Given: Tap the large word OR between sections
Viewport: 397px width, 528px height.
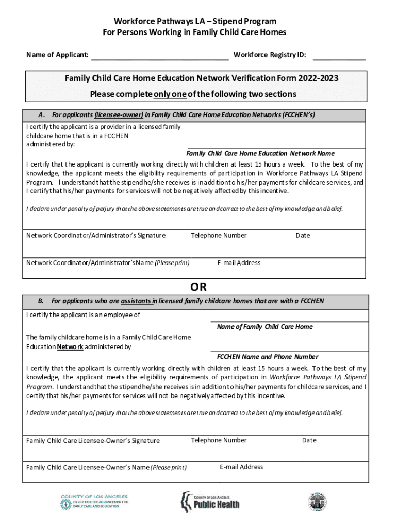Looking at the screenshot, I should pyautogui.click(x=198, y=287).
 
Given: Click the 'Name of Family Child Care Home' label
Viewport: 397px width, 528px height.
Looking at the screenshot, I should pyautogui.click(x=264, y=327).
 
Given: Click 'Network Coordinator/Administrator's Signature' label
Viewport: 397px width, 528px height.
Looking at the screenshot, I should pyautogui.click(x=96, y=236).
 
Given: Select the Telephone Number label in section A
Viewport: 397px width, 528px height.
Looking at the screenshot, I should pyautogui.click(x=219, y=236).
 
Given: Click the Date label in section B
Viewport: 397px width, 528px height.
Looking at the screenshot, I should pyautogui.click(x=309, y=440).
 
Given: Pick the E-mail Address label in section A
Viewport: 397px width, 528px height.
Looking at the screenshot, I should pyautogui.click(x=239, y=263).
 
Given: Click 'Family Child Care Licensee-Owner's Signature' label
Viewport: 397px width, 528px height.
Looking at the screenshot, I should pyautogui.click(x=93, y=441).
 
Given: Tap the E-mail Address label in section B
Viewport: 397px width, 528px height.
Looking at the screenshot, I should pyautogui.click(x=241, y=467).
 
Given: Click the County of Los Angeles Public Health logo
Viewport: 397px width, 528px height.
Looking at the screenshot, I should pyautogui.click(x=210, y=501).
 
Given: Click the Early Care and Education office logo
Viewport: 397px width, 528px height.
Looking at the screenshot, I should pyautogui.click(x=94, y=502).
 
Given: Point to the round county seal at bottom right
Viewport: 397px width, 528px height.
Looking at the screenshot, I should pyautogui.click(x=317, y=502).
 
